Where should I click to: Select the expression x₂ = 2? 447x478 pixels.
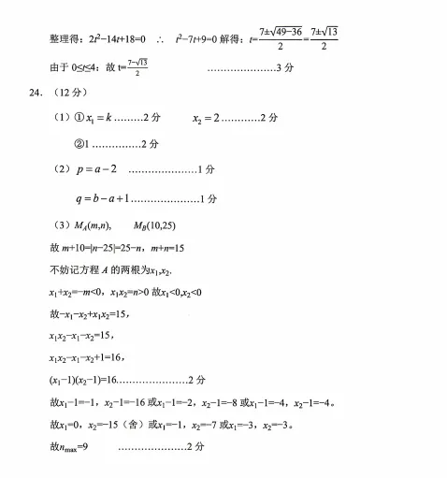pos(209,118)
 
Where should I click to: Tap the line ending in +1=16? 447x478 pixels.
pos(85,357)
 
